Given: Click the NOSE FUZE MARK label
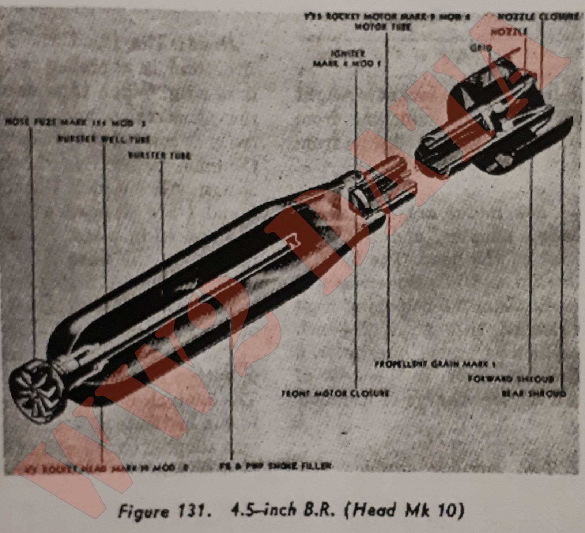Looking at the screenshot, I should coord(75,123).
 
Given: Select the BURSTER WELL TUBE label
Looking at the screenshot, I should coord(103,139).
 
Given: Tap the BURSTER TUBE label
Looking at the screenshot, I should coord(159,155).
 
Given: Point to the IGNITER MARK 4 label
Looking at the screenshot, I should coord(346,59).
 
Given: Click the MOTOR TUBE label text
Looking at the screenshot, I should coord(382,27).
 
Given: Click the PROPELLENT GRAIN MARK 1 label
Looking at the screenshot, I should coord(434,364).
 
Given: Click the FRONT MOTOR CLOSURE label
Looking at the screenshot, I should coord(335,393).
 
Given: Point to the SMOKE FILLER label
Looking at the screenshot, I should coord(276,466).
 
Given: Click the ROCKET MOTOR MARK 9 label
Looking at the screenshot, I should coord(387,17).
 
